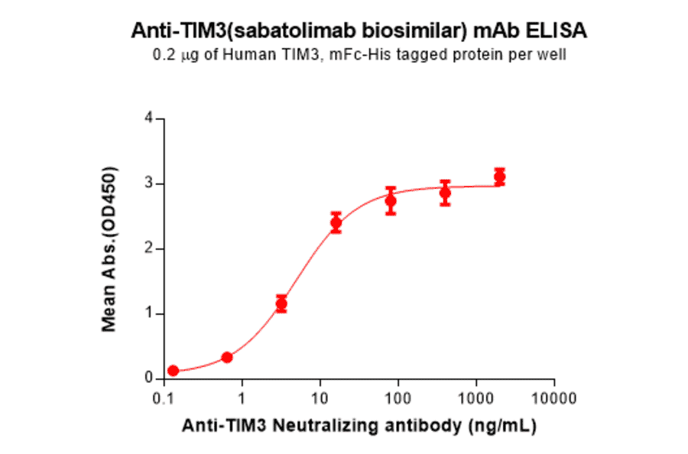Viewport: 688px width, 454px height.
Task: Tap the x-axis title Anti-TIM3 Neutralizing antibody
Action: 359,426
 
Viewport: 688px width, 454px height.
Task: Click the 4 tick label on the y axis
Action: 149,118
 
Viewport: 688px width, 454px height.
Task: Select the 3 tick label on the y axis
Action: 149,183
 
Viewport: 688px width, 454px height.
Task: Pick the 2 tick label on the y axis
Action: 149,248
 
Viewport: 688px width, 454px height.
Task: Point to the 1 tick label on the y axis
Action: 149,313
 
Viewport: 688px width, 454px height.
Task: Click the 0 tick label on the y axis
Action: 149,378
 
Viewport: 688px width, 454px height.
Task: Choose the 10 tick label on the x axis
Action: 320,398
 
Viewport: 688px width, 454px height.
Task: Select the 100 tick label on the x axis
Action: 398,398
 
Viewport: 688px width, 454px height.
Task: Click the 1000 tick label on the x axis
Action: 476,398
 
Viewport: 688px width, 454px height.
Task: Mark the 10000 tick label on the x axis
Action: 553,398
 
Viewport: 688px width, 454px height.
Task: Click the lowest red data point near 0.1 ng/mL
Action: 174,371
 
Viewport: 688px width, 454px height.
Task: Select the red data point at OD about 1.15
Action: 281,304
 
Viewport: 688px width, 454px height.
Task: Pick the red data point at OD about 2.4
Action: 336,223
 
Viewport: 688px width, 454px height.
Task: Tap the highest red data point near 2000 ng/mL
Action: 499,177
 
